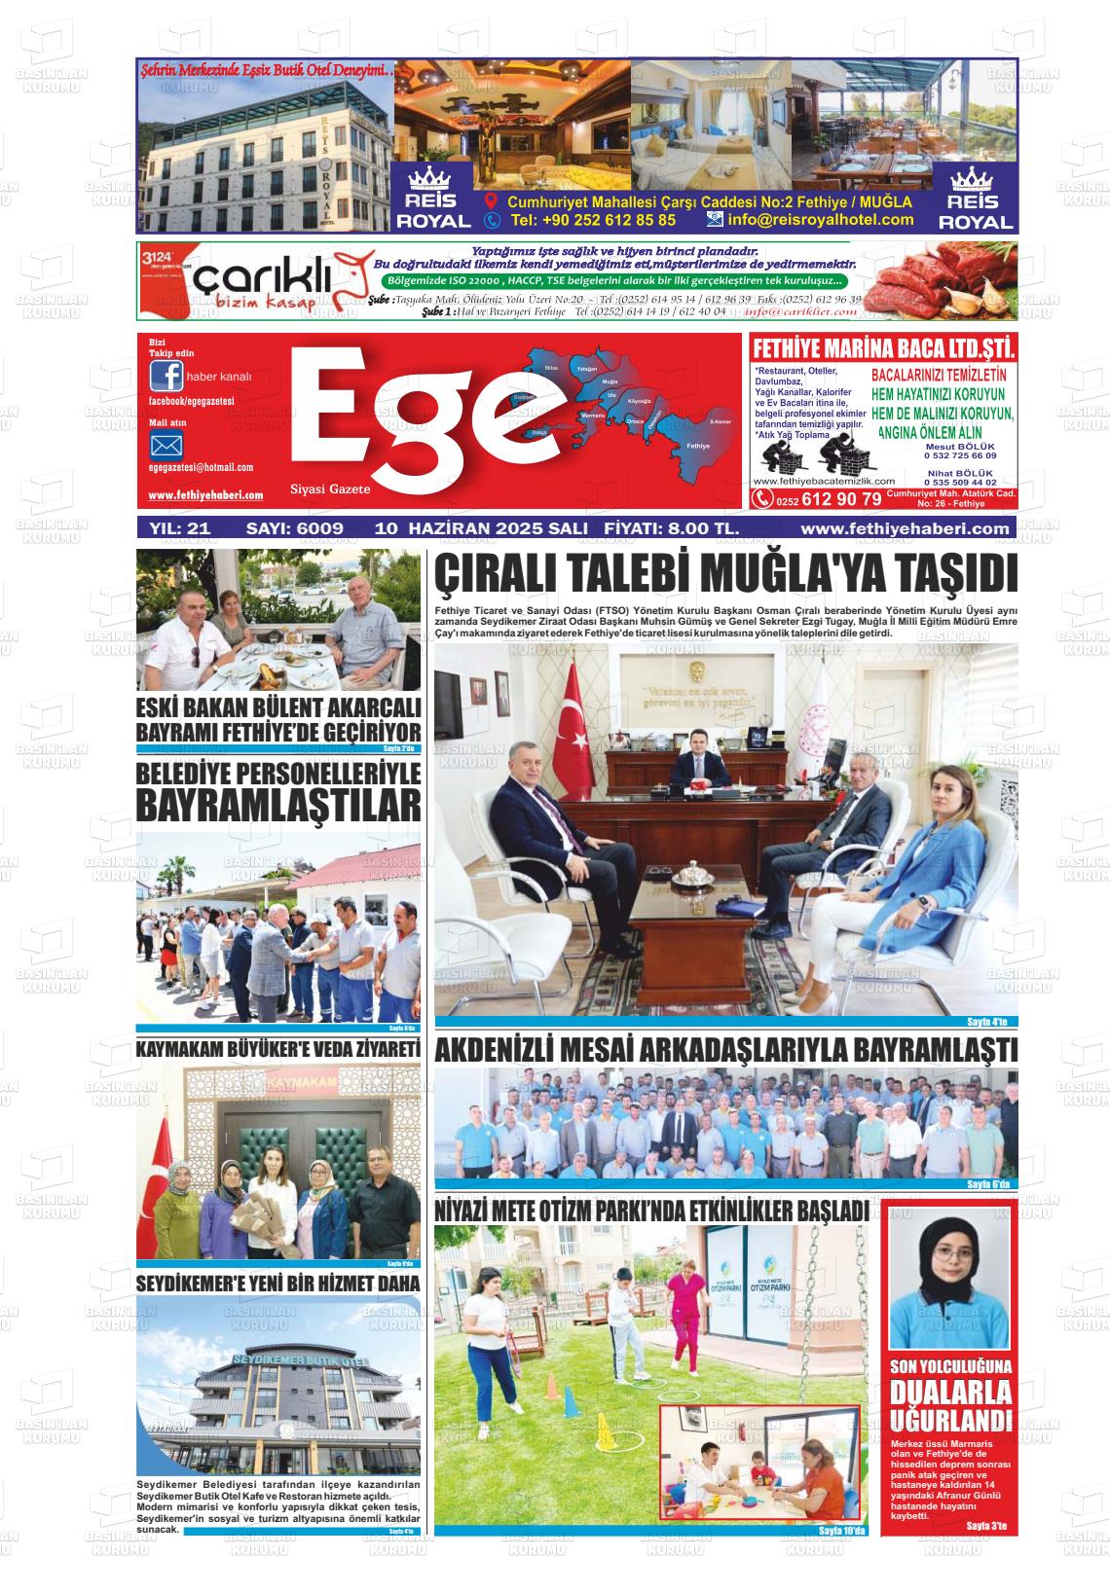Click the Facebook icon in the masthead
(166, 377)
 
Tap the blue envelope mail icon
(166, 447)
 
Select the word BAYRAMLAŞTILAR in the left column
(278, 806)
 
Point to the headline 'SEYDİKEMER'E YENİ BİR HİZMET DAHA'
(278, 1284)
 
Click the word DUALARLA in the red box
(949, 1394)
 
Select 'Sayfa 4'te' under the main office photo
(991, 1022)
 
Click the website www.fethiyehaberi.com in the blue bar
(904, 528)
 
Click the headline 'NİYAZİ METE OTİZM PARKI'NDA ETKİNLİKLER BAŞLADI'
(651, 1212)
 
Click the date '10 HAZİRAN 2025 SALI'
(481, 528)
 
